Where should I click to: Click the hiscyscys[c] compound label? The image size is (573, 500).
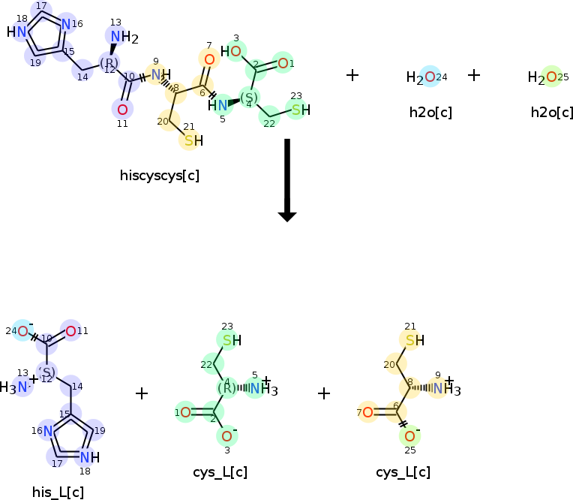(159, 176)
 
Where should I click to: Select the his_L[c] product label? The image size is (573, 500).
(58, 492)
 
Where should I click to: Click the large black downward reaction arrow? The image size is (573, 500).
(287, 180)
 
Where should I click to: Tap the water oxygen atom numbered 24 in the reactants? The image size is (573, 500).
(430, 77)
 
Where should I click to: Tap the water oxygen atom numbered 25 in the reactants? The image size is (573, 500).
(551, 77)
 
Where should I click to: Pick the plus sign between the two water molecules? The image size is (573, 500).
(474, 75)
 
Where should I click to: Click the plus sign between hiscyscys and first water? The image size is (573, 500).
(352, 75)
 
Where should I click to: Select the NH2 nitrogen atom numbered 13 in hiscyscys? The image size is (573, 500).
(115, 37)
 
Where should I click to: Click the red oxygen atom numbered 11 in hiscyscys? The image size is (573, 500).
(122, 110)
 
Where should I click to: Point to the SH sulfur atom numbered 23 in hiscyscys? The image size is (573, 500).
(297, 110)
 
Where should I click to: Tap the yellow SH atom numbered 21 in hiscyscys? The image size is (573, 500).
(190, 140)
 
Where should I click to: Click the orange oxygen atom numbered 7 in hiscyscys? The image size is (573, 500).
(209, 59)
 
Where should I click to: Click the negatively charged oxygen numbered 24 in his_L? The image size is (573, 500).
(23, 331)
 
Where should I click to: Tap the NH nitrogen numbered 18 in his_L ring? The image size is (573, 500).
(85, 457)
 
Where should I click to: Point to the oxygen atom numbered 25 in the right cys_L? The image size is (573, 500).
(409, 436)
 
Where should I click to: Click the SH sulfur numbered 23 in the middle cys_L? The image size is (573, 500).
(227, 340)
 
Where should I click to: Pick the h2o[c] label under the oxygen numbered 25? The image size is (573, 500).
(551, 113)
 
